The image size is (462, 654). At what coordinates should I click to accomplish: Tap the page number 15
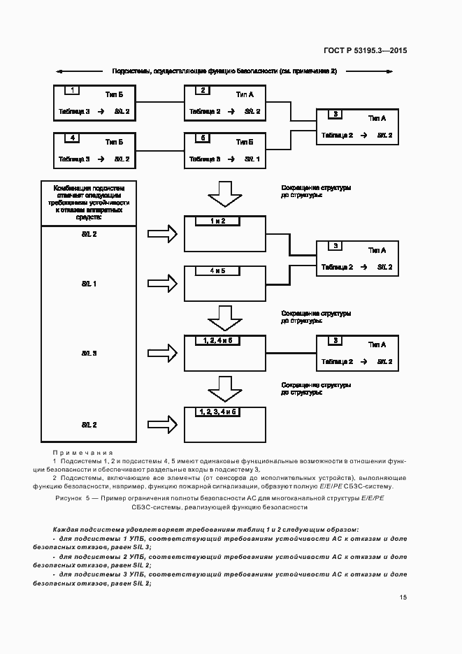(x=403, y=597)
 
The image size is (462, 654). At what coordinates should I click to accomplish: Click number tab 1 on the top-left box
(x=74, y=90)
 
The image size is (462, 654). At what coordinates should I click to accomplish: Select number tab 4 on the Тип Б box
(x=74, y=138)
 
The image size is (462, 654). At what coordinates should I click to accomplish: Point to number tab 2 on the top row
(x=203, y=90)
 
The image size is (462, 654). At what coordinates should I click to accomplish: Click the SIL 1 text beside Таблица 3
(x=252, y=159)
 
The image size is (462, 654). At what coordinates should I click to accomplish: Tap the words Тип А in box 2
(x=245, y=94)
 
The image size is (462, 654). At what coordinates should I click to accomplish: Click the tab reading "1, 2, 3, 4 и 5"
(x=219, y=412)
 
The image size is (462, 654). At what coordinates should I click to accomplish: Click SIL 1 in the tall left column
(x=89, y=284)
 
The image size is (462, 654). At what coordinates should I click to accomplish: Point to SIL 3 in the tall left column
(x=89, y=354)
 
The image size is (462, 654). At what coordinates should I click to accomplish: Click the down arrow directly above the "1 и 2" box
(x=224, y=194)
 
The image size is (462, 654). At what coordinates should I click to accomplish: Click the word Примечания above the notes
(x=82, y=453)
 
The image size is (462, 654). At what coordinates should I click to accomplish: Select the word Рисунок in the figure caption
(x=68, y=497)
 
